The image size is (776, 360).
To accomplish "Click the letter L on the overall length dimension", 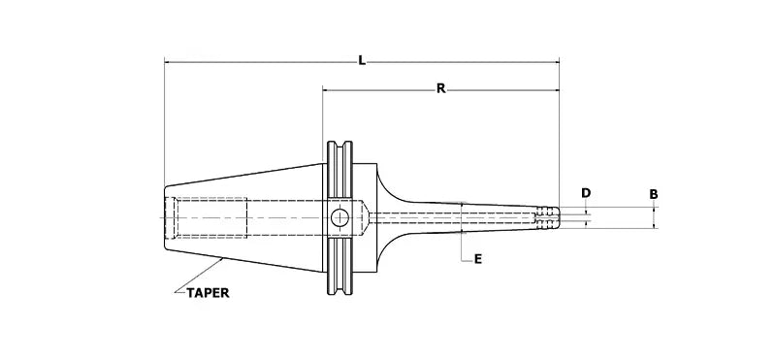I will [x=361, y=60].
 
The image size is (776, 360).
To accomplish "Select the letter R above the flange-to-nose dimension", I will [x=439, y=88].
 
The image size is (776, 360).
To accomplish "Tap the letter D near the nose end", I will [x=586, y=193].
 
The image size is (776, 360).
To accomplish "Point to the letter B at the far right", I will [x=654, y=194].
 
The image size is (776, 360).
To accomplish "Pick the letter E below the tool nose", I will [x=478, y=259].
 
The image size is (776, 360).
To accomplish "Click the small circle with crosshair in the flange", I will [x=339, y=218].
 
